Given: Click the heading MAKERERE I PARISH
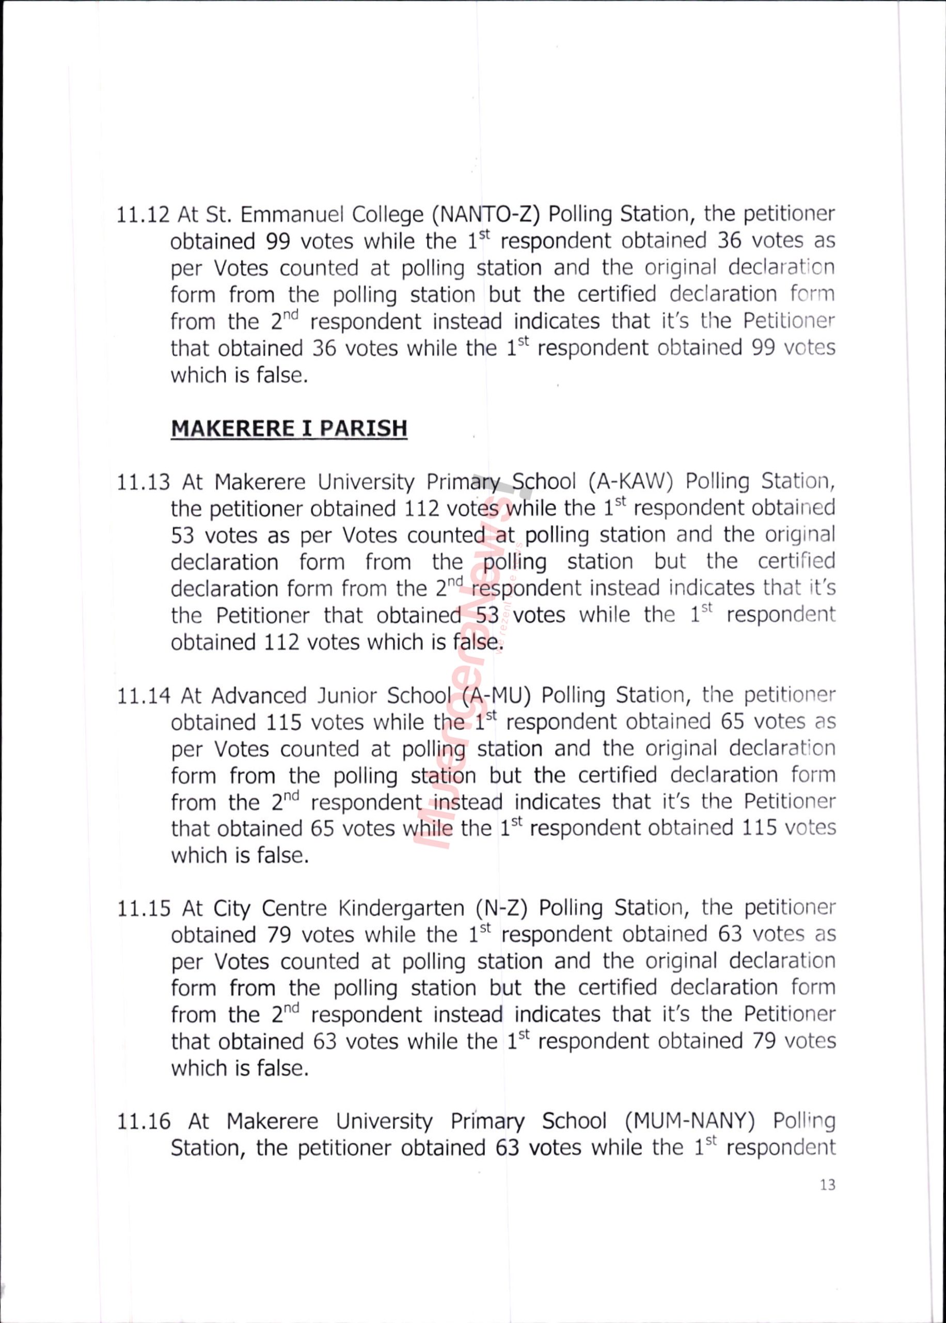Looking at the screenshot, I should (x=289, y=428).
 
